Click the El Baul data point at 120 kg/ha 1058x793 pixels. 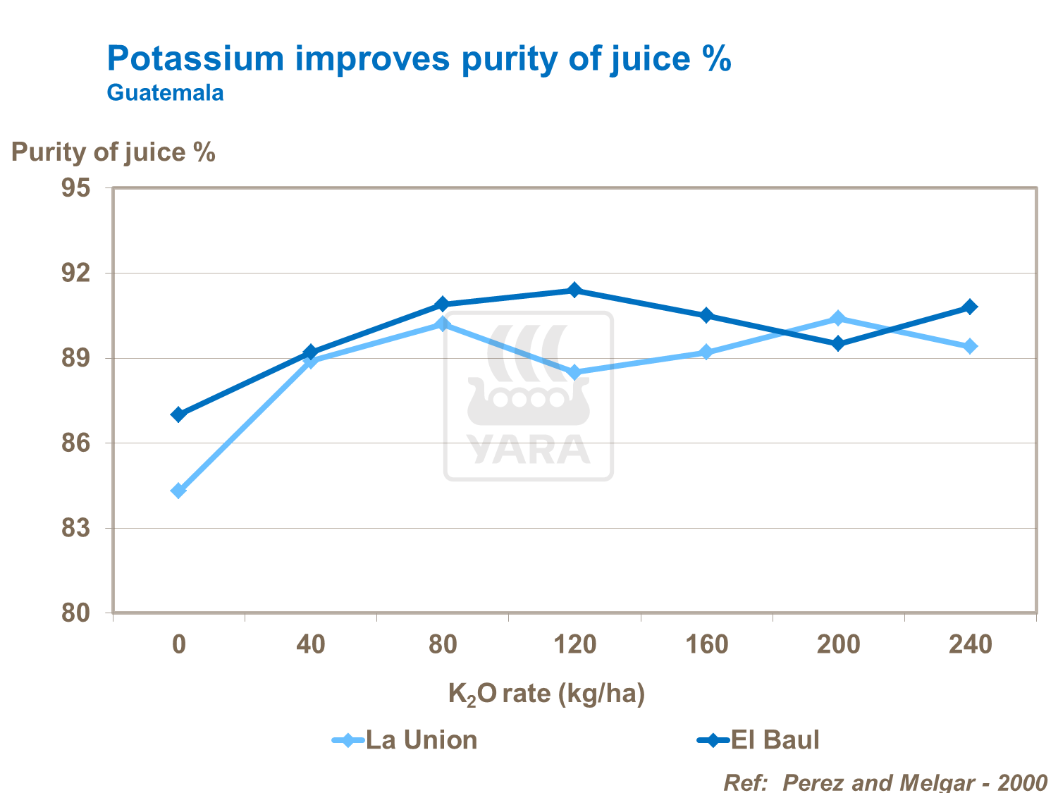[574, 290]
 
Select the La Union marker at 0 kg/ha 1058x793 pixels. [178, 491]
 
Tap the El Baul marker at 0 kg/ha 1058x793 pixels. [178, 414]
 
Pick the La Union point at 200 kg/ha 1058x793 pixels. [838, 318]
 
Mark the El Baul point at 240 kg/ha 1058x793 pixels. [970, 307]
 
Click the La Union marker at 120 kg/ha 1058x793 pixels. [574, 372]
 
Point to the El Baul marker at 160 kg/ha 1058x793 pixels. [706, 315]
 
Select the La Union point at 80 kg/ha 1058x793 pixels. [443, 324]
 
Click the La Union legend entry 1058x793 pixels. [405, 740]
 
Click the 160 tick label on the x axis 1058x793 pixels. [706, 644]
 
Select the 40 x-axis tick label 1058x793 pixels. [310, 644]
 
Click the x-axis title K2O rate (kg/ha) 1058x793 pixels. [546, 694]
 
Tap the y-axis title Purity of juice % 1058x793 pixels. [113, 152]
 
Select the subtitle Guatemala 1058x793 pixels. [165, 93]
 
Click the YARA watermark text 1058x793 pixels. [528, 450]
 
